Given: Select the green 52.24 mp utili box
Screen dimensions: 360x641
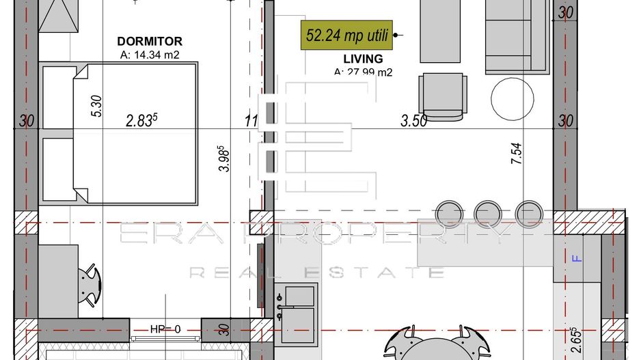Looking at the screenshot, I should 348,36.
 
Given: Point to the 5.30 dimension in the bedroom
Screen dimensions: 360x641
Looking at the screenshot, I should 96,107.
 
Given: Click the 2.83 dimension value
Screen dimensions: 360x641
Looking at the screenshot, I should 143,121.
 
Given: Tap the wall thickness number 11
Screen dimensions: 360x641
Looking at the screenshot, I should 251,122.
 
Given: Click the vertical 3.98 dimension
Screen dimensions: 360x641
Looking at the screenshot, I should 224,158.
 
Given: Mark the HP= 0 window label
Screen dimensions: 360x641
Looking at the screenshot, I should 165,329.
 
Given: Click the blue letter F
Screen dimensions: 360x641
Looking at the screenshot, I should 575,258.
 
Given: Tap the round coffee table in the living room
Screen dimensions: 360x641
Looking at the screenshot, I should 513,98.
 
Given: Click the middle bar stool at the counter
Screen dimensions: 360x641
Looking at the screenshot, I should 488,212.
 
